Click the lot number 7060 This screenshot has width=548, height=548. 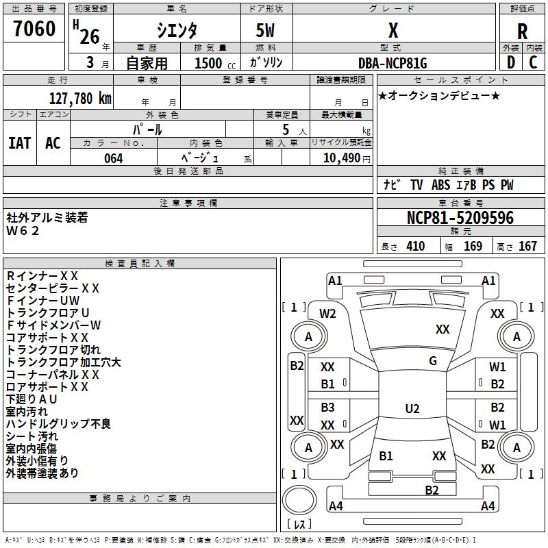pyautogui.click(x=34, y=29)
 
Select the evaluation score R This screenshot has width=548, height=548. pyautogui.click(x=522, y=32)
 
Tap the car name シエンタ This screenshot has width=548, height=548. pyautogui.click(x=177, y=31)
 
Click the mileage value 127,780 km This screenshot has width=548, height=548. pyautogui.click(x=80, y=98)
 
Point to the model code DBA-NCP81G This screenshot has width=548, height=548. pyautogui.click(x=393, y=63)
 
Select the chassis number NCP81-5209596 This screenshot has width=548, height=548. pyautogui.click(x=460, y=219)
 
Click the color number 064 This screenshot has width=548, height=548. pyautogui.click(x=113, y=158)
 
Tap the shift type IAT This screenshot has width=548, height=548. pyautogui.click(x=20, y=142)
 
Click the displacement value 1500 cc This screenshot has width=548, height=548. pyautogui.click(x=214, y=63)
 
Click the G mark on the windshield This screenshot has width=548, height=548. pyautogui.click(x=433, y=361)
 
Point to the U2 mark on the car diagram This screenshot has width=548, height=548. pyautogui.click(x=412, y=409)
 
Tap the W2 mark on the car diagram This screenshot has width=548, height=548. pyautogui.click(x=328, y=314)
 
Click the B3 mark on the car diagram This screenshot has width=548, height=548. pyautogui.click(x=327, y=407)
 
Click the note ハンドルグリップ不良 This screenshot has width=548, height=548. pyautogui.click(x=58, y=424)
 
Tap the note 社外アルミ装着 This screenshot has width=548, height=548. pyautogui.click(x=47, y=218)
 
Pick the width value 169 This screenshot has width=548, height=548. pyautogui.click(x=473, y=247)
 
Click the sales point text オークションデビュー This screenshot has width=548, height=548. pyautogui.click(x=439, y=95)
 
